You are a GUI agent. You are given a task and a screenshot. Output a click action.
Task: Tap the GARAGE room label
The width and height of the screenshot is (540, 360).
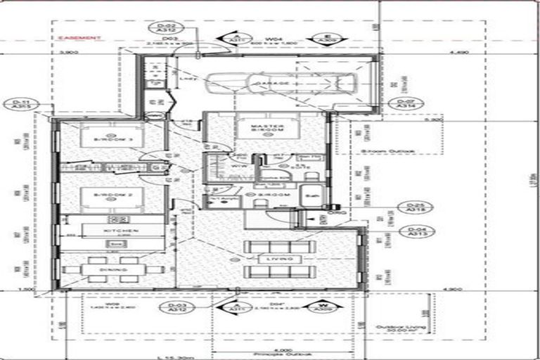pos(276,84)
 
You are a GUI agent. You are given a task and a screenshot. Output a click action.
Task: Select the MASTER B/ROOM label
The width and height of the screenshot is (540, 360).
pos(266,129)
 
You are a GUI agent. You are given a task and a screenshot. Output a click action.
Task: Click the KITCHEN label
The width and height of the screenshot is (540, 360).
pos(121,231)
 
